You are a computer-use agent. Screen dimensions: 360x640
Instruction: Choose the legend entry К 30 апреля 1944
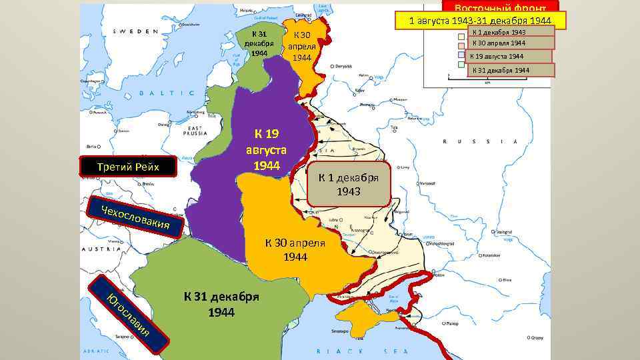(x=511, y=43)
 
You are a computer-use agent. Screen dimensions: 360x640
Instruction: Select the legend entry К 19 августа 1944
(x=509, y=57)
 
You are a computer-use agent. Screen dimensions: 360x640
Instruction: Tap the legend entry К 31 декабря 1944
(x=511, y=70)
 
